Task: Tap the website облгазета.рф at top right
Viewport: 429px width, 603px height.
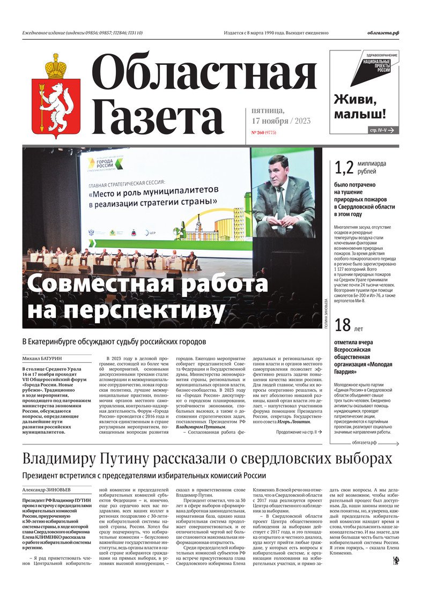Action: pos(383,33)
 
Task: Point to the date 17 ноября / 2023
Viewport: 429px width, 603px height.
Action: pos(280,121)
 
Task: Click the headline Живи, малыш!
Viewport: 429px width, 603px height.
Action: pos(360,106)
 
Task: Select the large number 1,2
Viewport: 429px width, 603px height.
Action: pos(344,168)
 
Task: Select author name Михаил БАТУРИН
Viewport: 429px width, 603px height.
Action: pos(41,359)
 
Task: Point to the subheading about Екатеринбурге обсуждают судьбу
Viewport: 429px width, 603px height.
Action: pos(114,341)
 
